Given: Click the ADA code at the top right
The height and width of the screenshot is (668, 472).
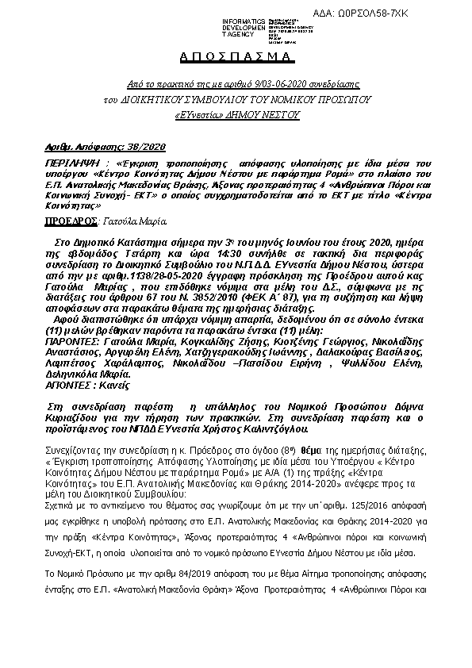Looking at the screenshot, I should pyautogui.click(x=418, y=15).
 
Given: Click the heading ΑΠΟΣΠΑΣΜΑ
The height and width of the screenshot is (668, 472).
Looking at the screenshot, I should pyautogui.click(x=235, y=58).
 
